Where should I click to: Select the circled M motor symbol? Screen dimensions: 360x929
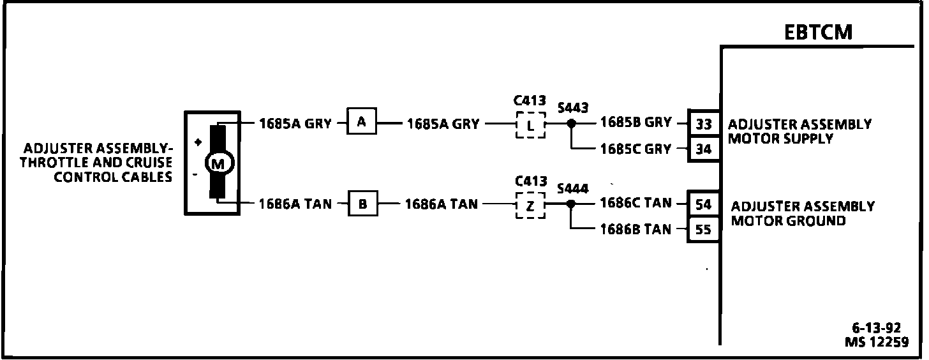[x=218, y=164]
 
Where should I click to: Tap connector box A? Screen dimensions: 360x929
[x=362, y=123]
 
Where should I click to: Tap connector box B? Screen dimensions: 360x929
[x=362, y=204]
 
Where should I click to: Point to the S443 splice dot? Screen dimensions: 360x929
[x=572, y=123]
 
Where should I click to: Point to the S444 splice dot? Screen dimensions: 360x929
[x=571, y=204]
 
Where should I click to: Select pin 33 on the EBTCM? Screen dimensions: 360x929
[x=704, y=123]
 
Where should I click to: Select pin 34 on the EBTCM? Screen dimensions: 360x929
[x=704, y=149]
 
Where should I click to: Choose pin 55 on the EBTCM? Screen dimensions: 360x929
[x=704, y=229]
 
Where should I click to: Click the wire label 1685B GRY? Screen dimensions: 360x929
[x=635, y=123]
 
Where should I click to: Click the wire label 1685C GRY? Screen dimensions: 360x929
[x=635, y=149]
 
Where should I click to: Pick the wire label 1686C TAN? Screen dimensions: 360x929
[x=635, y=203]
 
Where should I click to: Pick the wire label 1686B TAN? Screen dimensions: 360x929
[x=635, y=229]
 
